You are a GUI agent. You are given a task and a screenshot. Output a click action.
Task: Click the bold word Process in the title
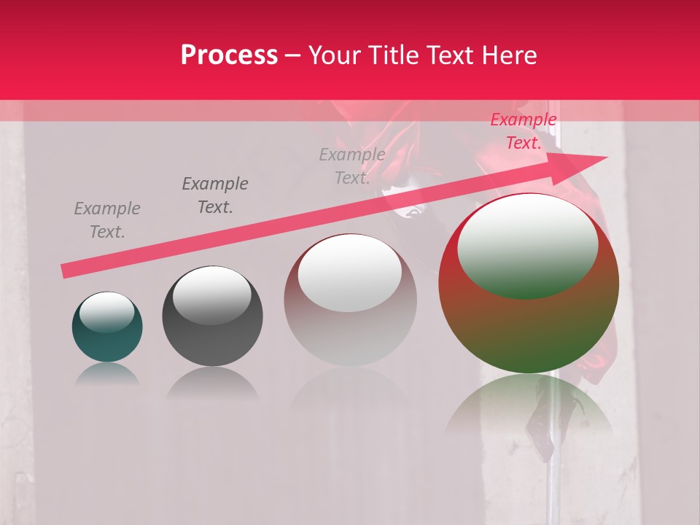tap(229, 55)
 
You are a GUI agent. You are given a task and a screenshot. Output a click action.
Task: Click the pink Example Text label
tap(524, 131)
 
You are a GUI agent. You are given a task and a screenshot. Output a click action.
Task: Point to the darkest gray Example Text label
tap(215, 195)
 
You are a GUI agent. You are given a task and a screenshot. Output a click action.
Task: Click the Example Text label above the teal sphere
tap(107, 219)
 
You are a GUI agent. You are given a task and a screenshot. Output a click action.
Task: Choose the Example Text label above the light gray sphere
tap(352, 166)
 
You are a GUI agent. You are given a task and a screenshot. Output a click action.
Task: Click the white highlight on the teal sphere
tap(106, 311)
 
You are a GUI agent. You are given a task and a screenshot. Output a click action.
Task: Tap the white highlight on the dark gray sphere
tap(211, 295)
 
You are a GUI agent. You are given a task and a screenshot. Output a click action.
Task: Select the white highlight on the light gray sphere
tap(350, 272)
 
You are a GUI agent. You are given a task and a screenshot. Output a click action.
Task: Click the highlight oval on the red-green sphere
tap(527, 246)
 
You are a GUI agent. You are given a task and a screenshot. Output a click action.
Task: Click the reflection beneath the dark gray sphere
tap(212, 382)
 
